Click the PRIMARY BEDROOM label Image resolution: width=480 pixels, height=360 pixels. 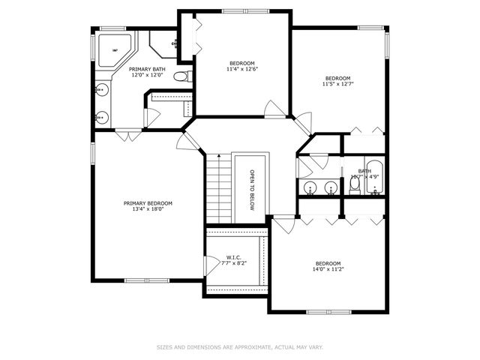tap(148, 203)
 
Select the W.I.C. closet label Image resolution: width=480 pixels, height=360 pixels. tap(233, 258)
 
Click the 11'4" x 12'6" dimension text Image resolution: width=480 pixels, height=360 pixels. tap(241, 68)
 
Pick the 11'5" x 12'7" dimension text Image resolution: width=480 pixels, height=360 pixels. tap(337, 84)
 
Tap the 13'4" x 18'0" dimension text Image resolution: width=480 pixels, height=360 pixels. tap(148, 209)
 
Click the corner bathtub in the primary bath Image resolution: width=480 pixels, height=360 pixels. tap(115, 50)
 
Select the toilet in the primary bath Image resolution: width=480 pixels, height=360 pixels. tap(181, 76)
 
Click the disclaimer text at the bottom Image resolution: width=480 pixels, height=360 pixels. tap(239, 347)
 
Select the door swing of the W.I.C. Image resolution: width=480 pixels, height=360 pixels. tap(210, 265)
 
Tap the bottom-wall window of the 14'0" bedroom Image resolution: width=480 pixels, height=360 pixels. tap(328, 311)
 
